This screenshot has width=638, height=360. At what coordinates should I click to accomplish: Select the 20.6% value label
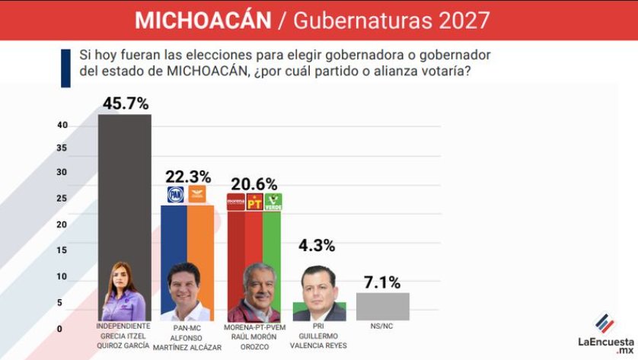(254, 183)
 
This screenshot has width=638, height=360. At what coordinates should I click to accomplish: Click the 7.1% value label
(381, 282)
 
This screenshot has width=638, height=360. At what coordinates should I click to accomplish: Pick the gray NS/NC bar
(382, 306)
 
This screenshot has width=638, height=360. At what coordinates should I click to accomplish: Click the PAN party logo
(176, 194)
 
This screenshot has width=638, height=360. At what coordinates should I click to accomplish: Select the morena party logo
(236, 202)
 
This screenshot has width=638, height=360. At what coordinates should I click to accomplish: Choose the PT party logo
(254, 202)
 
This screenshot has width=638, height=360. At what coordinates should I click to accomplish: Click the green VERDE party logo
(273, 202)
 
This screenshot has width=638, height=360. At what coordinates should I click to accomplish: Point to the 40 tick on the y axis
(62, 125)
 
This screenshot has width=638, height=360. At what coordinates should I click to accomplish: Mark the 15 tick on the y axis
(62, 250)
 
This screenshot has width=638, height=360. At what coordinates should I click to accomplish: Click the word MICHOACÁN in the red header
(203, 20)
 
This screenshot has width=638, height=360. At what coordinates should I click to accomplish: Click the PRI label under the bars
(317, 327)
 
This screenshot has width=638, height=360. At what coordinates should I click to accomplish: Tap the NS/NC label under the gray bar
(382, 327)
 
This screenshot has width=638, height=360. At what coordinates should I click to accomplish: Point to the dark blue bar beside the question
(65, 68)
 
